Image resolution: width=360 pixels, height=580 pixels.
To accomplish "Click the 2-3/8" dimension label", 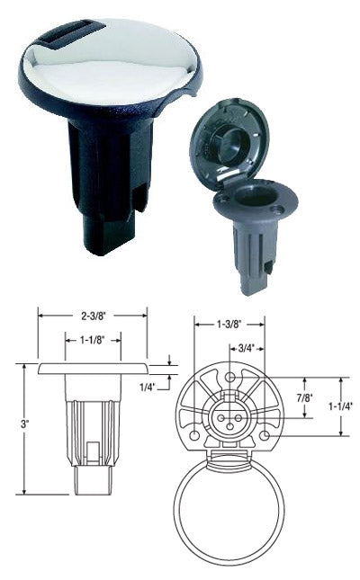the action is (x=94, y=316).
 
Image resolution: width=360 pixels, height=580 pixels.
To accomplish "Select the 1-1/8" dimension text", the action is (x=93, y=340).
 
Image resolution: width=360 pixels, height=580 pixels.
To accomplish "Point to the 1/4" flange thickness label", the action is (x=148, y=387).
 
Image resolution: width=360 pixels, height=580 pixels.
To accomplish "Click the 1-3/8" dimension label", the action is (x=229, y=325).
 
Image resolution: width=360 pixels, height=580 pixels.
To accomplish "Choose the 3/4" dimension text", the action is (x=247, y=348).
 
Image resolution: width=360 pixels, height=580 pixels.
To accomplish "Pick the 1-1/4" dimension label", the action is (x=340, y=406).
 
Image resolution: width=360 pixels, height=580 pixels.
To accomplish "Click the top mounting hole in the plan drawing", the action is (x=230, y=377).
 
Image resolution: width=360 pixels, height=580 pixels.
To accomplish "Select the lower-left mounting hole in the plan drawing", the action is (x=194, y=435).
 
